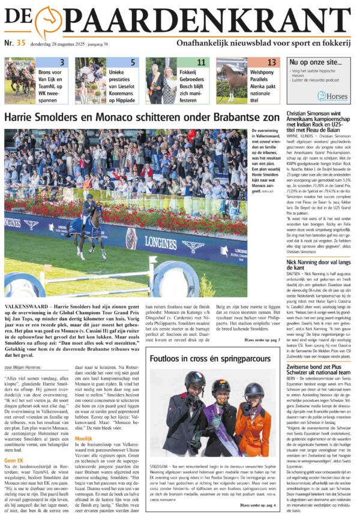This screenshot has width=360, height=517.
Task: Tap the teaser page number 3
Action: coord(62,62)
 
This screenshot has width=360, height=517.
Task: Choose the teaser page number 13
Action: coord(272,62)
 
